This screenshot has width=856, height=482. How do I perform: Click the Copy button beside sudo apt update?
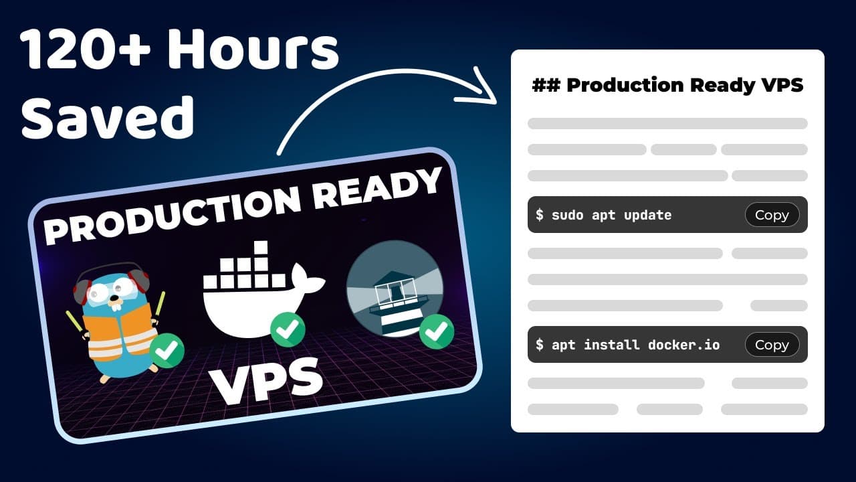pyautogui.click(x=772, y=215)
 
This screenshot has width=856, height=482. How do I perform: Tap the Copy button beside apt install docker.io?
pyautogui.click(x=772, y=345)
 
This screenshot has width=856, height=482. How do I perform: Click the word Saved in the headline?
pyautogui.click(x=108, y=117)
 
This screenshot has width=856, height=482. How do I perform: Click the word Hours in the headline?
pyautogui.click(x=253, y=50)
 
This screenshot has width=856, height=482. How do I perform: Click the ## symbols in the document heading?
pyautogui.click(x=546, y=85)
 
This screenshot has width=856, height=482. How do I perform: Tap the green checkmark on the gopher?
pyautogui.click(x=167, y=350)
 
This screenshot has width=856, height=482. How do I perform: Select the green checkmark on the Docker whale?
pyautogui.click(x=288, y=329)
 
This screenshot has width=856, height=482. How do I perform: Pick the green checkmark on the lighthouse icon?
pyautogui.click(x=437, y=331)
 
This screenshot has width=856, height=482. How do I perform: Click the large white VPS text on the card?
pyautogui.click(x=266, y=381)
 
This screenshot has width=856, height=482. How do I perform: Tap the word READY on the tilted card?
pyautogui.click(x=377, y=189)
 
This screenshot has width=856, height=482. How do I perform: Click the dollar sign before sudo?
pyautogui.click(x=539, y=215)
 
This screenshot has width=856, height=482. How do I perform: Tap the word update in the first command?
pyautogui.click(x=647, y=216)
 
